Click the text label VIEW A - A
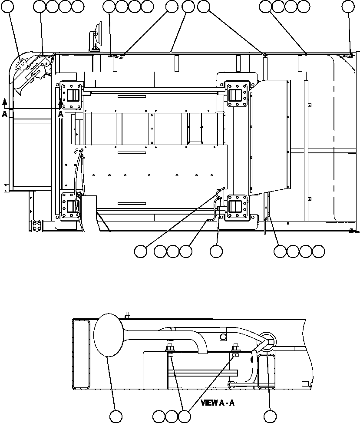tap(218, 403)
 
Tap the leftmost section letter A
tap(4, 113)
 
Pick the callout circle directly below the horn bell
tap(116, 416)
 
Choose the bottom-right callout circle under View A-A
tap(271, 416)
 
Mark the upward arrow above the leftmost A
tap(4, 102)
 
